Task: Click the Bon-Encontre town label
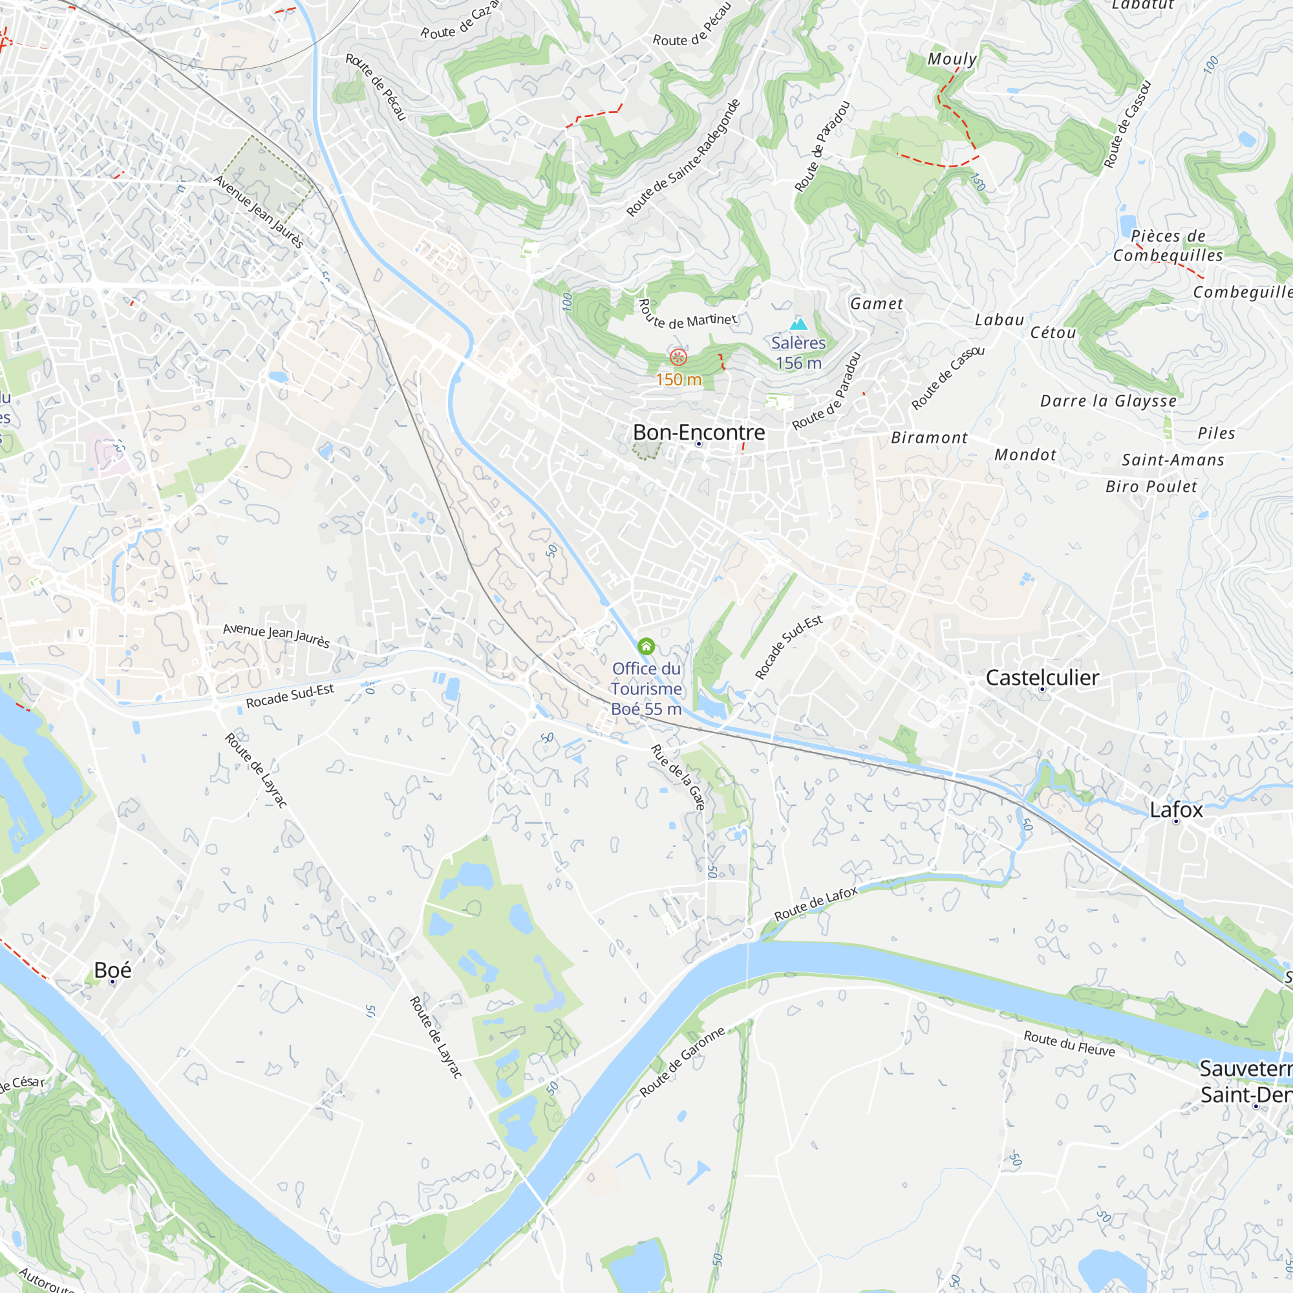point(699,433)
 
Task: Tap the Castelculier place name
point(1042,678)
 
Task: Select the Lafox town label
point(1176,810)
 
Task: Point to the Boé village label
point(112,970)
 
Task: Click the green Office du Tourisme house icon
point(646,646)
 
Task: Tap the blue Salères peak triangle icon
point(798,325)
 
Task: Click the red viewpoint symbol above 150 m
point(678,357)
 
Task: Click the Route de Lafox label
point(816,904)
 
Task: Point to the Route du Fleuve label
point(1069,1043)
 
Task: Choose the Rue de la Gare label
point(678,778)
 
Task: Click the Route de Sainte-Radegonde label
point(683,158)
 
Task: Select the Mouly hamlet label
point(952,59)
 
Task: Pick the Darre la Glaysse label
point(1108,401)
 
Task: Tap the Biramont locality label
point(929,438)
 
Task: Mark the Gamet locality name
point(877,304)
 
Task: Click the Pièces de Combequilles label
point(1168,246)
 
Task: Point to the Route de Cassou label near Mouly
point(1127,125)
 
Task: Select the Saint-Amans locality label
point(1173,460)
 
